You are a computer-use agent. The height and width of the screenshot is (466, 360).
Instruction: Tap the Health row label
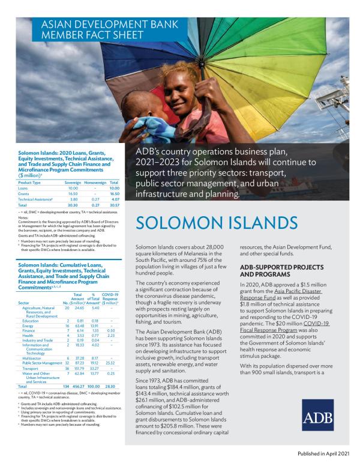[28, 335]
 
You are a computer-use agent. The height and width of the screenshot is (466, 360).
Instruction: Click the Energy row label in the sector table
[28, 325]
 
